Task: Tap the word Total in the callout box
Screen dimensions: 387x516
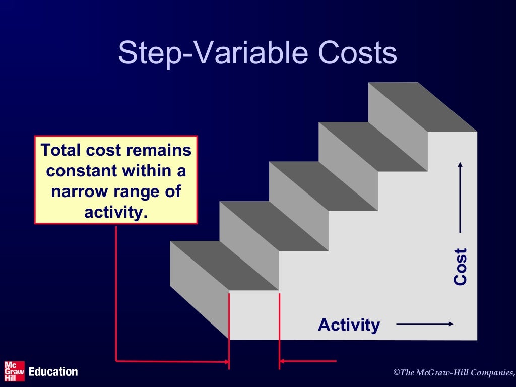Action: pos(61,150)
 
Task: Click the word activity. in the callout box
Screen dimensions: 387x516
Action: pos(116,212)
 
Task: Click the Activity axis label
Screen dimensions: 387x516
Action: pos(349,325)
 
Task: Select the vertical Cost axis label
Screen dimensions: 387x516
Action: pos(460,267)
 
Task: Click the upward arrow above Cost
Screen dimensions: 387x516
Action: pos(460,197)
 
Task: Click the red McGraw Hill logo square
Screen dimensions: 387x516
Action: pos(14,371)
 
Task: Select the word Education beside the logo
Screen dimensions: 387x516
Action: pos(53,372)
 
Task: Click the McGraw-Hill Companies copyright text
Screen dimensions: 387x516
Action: pos(454,373)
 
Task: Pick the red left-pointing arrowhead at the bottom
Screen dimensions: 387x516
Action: pos(283,361)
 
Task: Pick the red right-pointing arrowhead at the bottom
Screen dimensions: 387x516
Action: pos(225,361)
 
